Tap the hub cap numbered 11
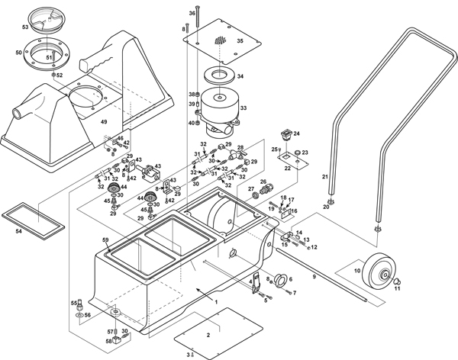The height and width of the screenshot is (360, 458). coord(396,281)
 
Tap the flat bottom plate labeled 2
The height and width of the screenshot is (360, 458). coord(207,334)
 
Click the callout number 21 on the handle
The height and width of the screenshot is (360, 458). coord(324,177)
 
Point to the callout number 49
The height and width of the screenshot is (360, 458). coord(104,122)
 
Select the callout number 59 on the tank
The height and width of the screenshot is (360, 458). coord(106,241)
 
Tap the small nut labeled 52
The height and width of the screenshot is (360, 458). coord(54,75)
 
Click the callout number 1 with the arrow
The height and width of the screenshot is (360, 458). coord(216,302)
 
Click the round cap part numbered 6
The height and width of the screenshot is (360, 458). coord(278,278)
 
